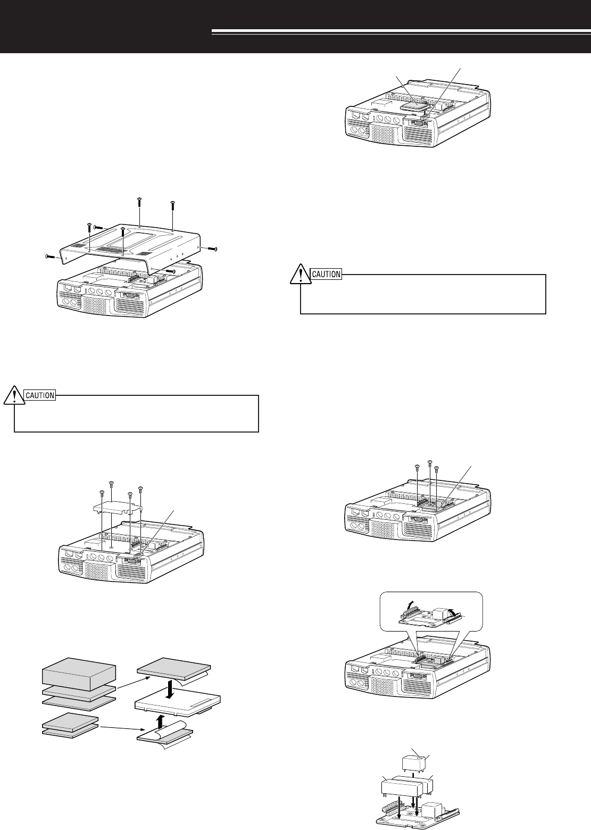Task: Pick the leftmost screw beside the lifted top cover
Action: [x=51, y=256]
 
